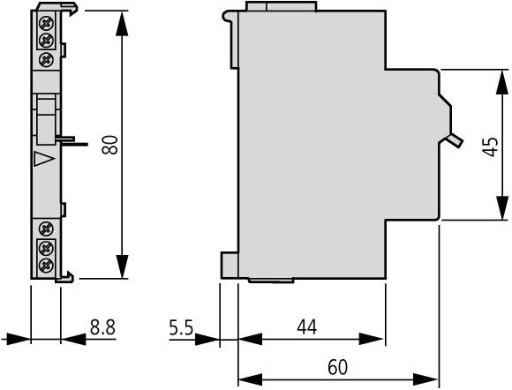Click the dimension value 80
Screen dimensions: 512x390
click(x=110, y=145)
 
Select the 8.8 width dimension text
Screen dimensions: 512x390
click(x=103, y=327)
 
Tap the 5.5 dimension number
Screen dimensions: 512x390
click(x=181, y=327)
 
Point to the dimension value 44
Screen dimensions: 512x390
click(x=307, y=327)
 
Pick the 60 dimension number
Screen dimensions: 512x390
click(x=338, y=367)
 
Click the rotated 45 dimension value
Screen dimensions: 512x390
click(x=491, y=146)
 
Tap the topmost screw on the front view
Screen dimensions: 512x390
click(x=46, y=23)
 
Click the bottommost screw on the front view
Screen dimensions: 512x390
click(x=46, y=265)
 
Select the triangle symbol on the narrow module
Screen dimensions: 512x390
click(x=44, y=159)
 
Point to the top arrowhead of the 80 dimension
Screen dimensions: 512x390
click(x=122, y=24)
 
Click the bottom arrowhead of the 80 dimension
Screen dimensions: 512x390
click(x=122, y=266)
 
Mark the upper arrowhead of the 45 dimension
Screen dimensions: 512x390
click(x=502, y=82)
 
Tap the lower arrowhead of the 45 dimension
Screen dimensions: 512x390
click(x=502, y=207)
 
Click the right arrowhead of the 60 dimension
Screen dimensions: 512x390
click(x=425, y=380)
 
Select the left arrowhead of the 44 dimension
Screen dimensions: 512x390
click(x=251, y=339)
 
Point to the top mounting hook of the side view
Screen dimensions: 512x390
click(x=230, y=17)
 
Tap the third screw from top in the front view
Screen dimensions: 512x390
click(x=46, y=59)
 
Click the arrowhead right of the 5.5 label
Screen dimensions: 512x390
click(x=207, y=340)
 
